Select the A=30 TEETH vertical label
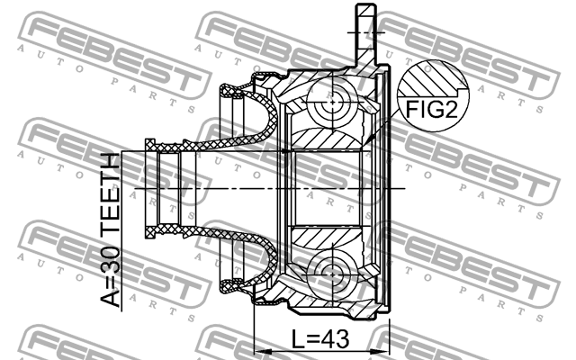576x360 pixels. (109, 232)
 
